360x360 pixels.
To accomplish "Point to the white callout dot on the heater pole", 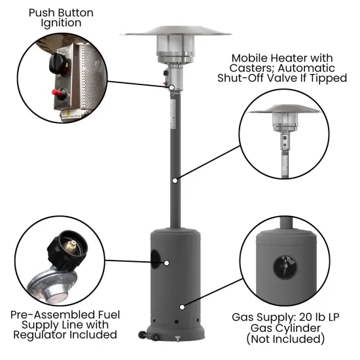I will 175,179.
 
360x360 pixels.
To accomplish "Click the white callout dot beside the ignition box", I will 170,87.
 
